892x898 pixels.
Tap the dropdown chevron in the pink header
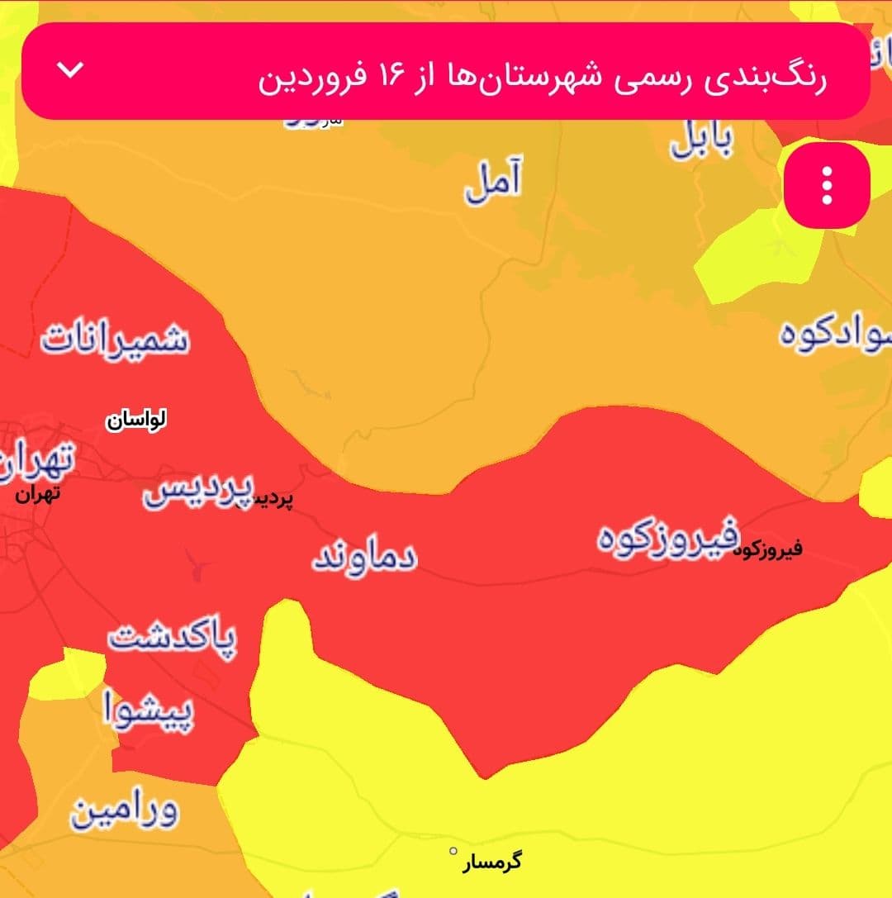tap(72, 70)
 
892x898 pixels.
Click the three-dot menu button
tap(827, 185)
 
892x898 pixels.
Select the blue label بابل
tap(700, 140)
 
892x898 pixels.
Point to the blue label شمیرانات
tap(116, 339)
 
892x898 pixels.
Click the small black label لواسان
tap(136, 420)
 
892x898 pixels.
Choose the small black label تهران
tap(39, 496)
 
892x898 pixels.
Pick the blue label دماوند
tap(364, 558)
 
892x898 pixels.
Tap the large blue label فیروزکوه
tap(667, 537)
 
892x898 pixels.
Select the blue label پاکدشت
tap(172, 639)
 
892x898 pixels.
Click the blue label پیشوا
tap(149, 710)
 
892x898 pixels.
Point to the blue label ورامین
tap(124, 812)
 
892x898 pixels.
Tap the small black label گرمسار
tap(492, 862)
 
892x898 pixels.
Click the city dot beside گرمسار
tap(453, 851)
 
